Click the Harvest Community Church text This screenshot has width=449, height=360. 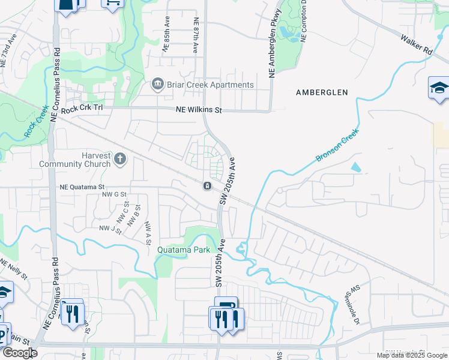(x=75, y=160)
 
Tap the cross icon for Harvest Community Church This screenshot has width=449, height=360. (x=120, y=158)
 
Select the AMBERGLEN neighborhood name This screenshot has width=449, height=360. (x=322, y=92)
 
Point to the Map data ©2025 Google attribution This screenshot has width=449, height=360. (x=411, y=355)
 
